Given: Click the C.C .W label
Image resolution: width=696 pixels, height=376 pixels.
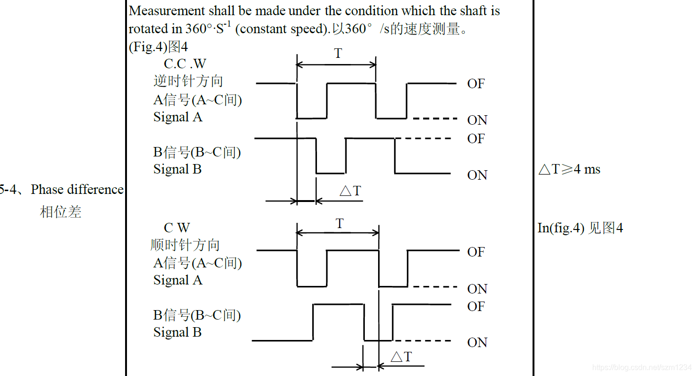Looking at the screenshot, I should tap(185, 64).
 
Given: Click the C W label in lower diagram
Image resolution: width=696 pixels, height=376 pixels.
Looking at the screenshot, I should tap(177, 228).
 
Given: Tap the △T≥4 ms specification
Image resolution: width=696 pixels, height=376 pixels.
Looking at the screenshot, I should tap(569, 169).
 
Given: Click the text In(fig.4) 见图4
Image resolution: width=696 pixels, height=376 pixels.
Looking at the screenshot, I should tap(580, 228).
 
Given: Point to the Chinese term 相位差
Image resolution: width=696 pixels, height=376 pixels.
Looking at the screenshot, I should tap(61, 211).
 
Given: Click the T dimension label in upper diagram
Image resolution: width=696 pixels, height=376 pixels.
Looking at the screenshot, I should tap(337, 54).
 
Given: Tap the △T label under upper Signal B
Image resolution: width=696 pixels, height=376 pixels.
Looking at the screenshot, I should tap(350, 191).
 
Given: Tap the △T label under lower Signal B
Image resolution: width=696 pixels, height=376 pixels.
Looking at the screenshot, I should tap(401, 357).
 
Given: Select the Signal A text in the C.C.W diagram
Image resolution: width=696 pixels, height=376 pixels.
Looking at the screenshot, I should tap(178, 117).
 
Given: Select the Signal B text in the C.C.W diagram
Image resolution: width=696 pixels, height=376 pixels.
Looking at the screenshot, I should tap(177, 169).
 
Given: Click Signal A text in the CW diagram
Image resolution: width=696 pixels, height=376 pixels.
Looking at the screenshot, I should tap(178, 280).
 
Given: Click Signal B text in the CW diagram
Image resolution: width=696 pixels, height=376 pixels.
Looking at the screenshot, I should tap(177, 332).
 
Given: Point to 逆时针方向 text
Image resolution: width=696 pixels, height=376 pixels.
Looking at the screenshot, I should tap(188, 81).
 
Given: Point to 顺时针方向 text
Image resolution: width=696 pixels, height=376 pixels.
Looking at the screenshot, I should tap(185, 245).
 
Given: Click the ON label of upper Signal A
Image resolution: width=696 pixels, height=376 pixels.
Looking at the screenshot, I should tap(477, 120).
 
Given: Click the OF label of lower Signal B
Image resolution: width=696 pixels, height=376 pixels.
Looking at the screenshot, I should tap(476, 307).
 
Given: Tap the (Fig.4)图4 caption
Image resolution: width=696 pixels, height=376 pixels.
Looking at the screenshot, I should tap(158, 47).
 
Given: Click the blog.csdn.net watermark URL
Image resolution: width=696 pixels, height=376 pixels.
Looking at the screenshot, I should tap(642, 367).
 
